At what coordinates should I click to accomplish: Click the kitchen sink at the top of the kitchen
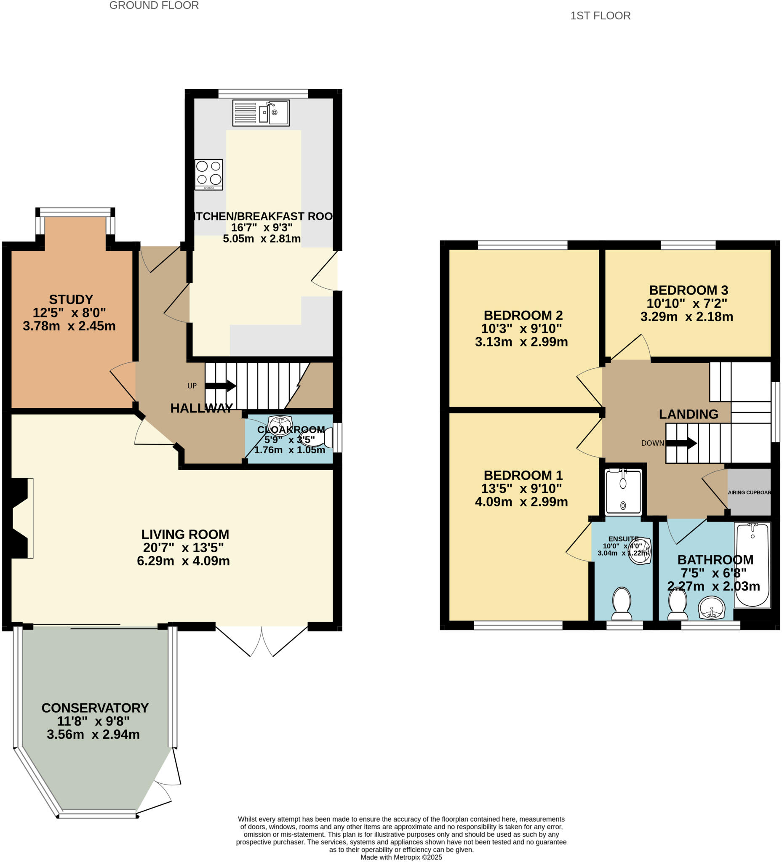[261, 113]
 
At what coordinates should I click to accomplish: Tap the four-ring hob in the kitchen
[209, 174]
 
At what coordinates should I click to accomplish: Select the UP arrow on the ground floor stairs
[220, 386]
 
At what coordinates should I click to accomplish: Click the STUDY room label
[71, 299]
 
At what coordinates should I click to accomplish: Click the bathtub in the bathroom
[752, 564]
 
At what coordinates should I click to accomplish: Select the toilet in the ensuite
[622, 603]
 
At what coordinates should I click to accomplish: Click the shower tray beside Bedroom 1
[623, 492]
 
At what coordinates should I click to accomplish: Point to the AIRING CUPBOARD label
[749, 492]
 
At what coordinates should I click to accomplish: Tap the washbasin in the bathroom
[711, 608]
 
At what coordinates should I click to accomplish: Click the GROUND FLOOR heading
[154, 5]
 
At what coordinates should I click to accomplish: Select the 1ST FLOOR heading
[600, 16]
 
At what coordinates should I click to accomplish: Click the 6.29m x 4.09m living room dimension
[183, 561]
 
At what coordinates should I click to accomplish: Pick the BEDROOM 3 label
[689, 290]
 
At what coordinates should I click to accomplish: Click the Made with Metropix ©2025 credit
[401, 857]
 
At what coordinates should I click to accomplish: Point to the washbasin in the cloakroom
[280, 423]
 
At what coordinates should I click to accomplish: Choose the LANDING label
[689, 414]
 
